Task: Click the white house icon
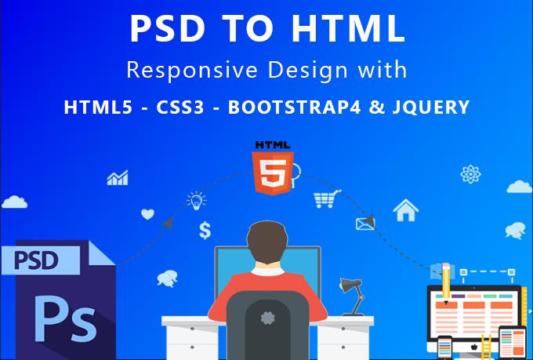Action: click(405, 210)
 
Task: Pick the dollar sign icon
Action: click(205, 230)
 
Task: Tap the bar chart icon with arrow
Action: click(118, 179)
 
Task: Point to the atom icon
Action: click(471, 173)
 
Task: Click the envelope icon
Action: click(363, 224)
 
